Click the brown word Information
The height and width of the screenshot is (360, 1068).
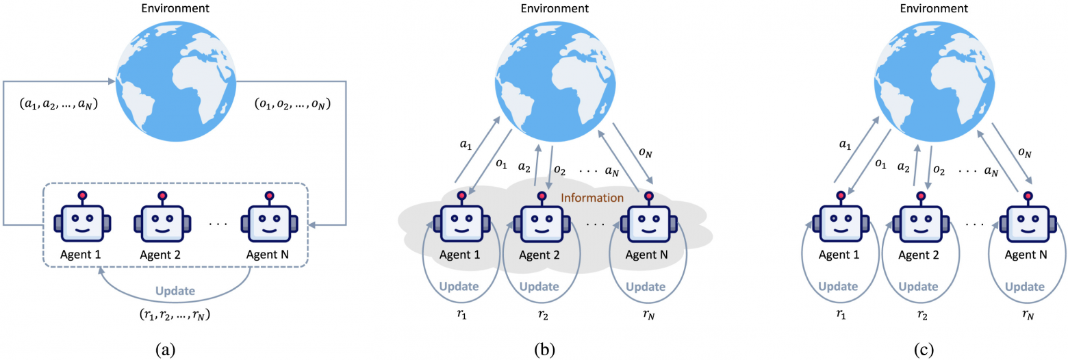click(592, 198)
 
